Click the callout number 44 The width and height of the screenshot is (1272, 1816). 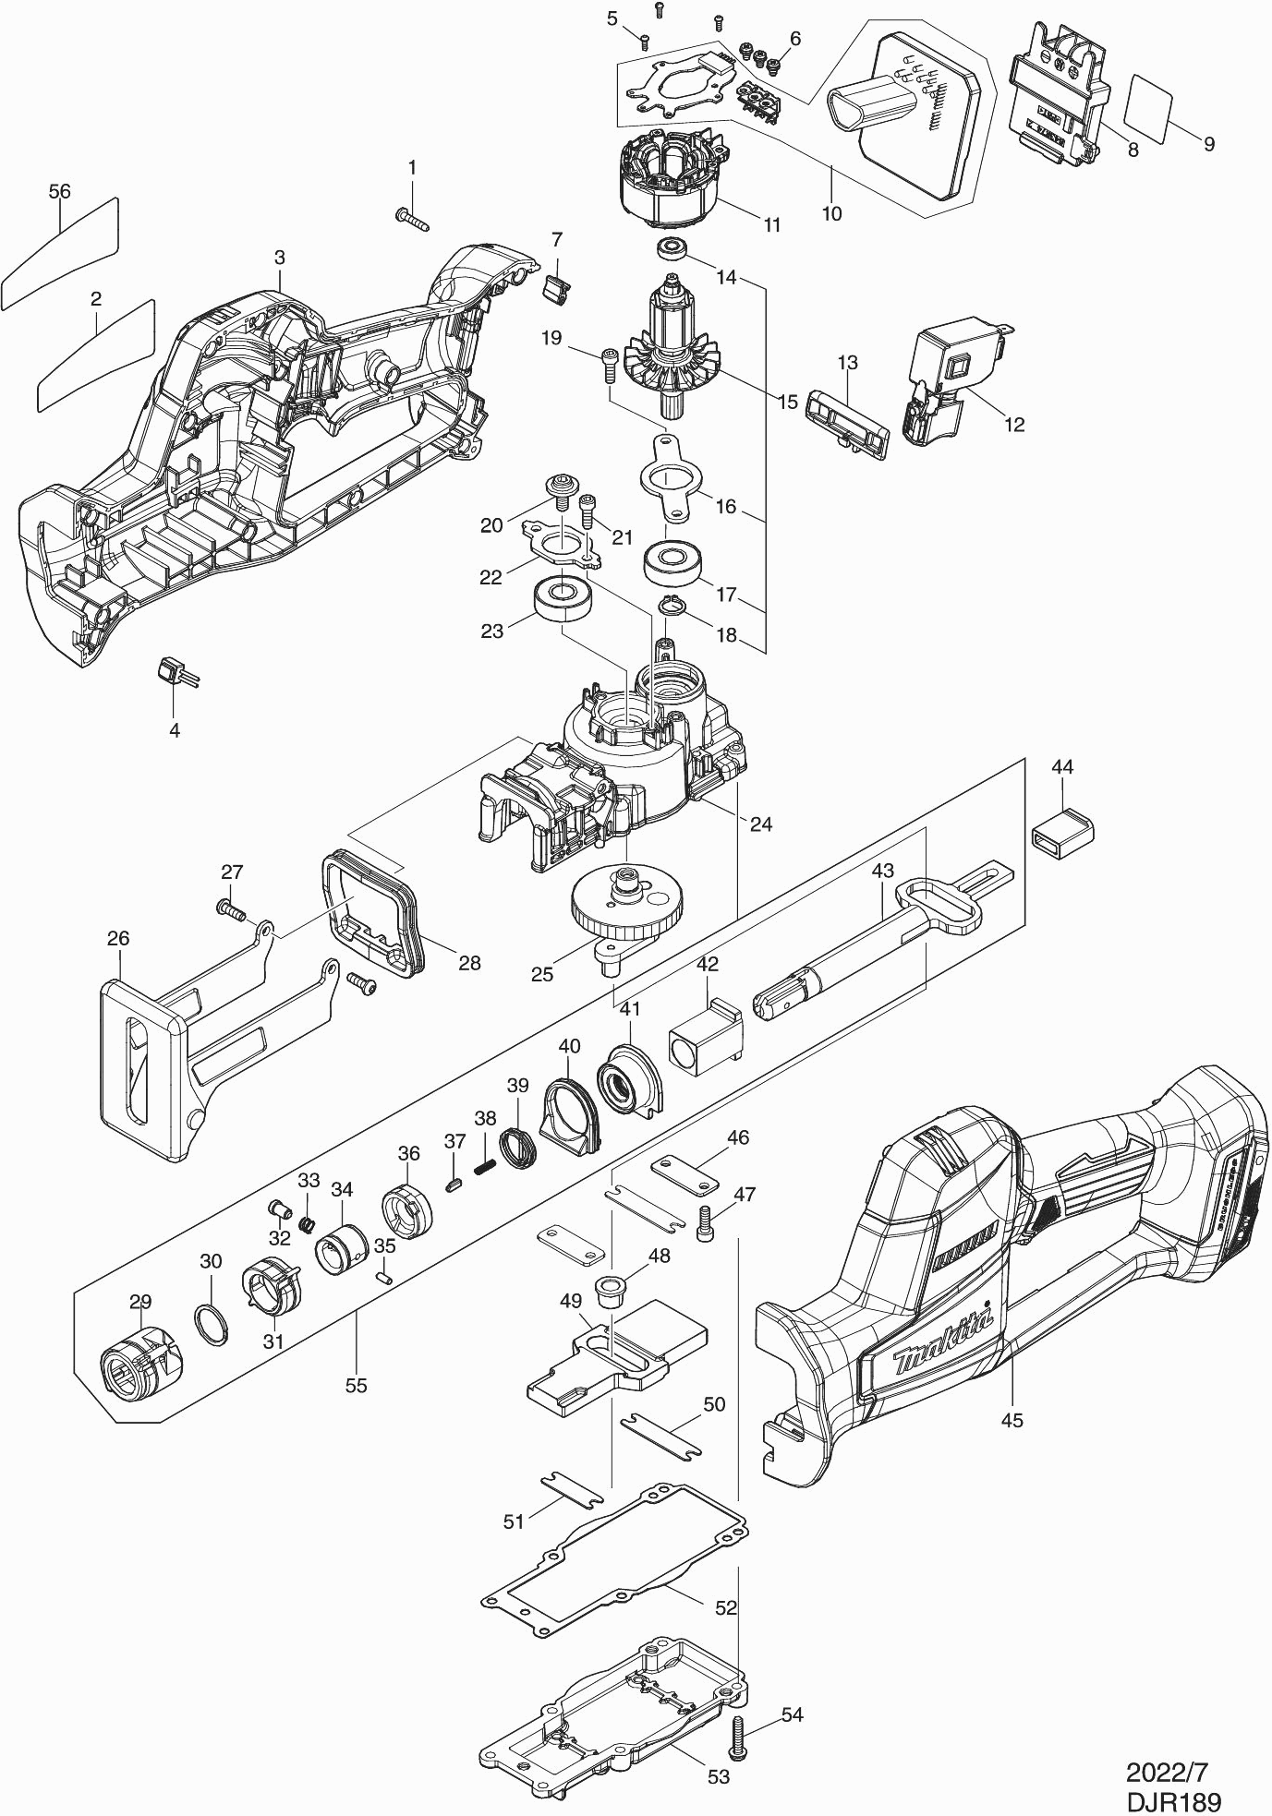(1062, 767)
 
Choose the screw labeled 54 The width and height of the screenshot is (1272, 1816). (738, 1737)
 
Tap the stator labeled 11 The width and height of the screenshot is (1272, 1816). (666, 183)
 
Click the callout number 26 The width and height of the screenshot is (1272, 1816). (118, 938)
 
